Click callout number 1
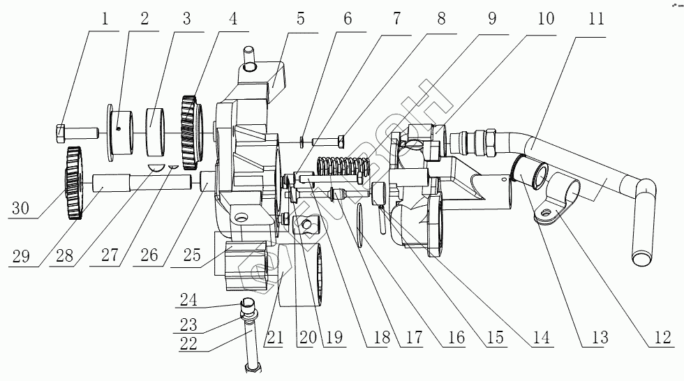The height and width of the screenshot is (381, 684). click(x=105, y=18)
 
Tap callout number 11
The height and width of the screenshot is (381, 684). click(x=595, y=18)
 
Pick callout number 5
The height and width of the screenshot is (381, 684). click(x=301, y=18)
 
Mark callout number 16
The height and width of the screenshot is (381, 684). click(x=456, y=337)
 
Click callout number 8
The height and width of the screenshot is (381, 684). click(x=441, y=18)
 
